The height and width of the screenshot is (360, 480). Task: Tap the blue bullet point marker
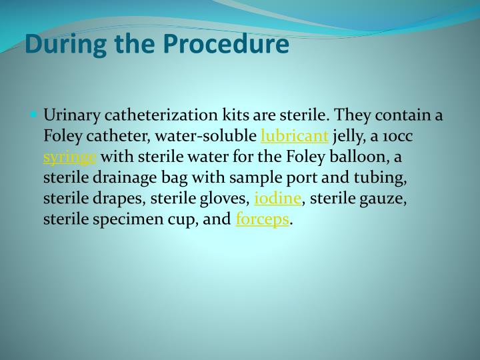pyautogui.click(x=34, y=114)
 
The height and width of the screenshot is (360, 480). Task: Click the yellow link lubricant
pyautogui.click(x=294, y=137)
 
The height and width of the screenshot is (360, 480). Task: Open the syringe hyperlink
pyautogui.click(x=70, y=158)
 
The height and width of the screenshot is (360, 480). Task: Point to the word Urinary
pyautogui.click(x=69, y=115)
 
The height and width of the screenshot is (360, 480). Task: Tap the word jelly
pyautogui.click(x=349, y=137)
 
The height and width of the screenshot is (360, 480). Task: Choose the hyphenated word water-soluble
pyautogui.click(x=207, y=137)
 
